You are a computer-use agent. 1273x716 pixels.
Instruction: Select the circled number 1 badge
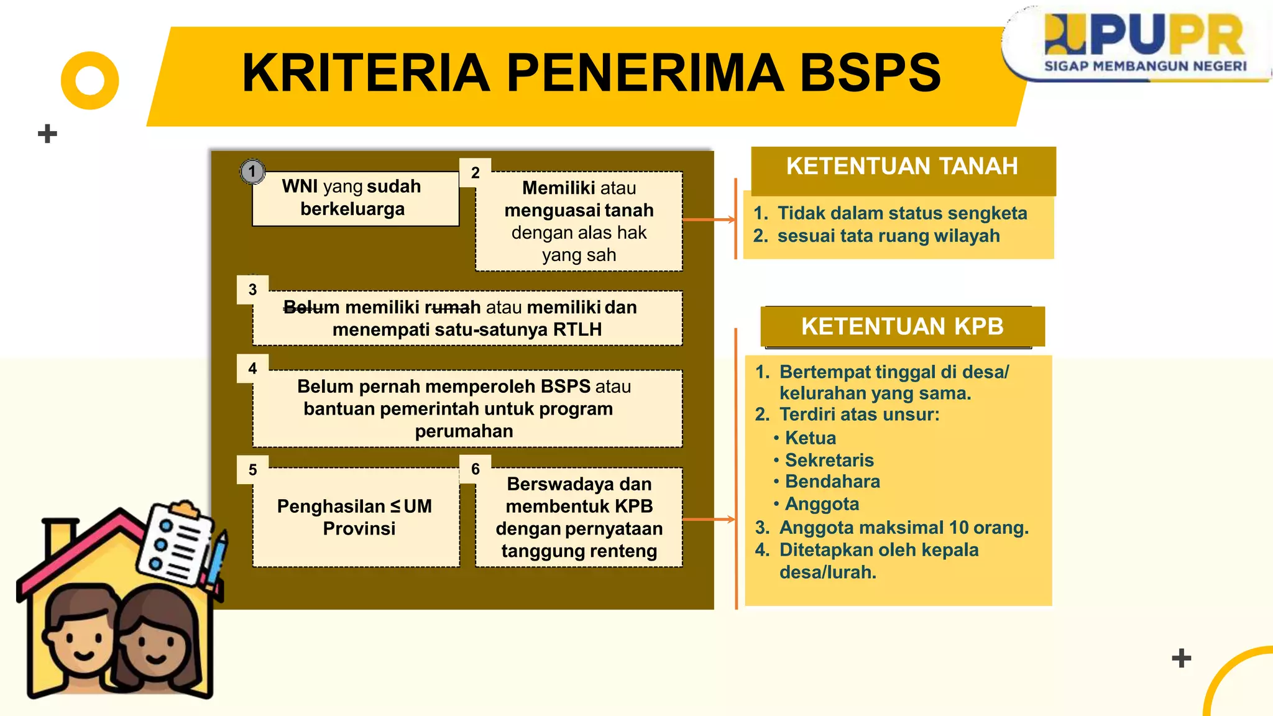[252, 171]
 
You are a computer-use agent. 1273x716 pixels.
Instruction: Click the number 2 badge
[476, 173]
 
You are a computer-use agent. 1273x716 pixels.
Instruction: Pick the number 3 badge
[252, 290]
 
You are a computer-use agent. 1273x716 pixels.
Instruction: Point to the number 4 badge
[252, 369]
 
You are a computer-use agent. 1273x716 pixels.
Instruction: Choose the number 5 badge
[252, 470]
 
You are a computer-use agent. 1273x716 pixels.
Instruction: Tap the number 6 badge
[476, 469]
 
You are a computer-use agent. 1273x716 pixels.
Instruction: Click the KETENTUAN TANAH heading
[902, 167]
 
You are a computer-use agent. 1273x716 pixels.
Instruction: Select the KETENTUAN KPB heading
[902, 326]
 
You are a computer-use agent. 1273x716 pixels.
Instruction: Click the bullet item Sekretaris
[829, 460]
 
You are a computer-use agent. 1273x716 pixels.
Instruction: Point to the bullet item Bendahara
[832, 482]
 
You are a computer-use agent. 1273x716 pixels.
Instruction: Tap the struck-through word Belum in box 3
[311, 307]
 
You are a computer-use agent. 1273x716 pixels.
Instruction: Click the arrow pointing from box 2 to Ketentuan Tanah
[709, 219]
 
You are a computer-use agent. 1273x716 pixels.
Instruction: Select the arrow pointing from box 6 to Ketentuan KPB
[709, 519]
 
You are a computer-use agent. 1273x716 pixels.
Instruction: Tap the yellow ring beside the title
[90, 81]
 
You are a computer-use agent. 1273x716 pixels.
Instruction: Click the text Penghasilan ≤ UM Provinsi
[355, 517]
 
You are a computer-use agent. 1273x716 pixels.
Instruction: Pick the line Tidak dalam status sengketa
[902, 213]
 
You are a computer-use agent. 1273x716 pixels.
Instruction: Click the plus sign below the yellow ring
[47, 134]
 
